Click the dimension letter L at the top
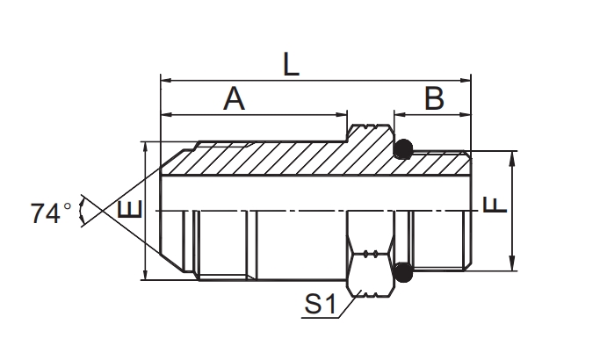(291, 66)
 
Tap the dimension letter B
(434, 99)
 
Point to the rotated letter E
(129, 212)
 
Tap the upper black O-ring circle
(402, 150)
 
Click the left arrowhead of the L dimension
(165, 82)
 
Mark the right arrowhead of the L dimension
(467, 82)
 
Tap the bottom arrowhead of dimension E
(145, 275)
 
